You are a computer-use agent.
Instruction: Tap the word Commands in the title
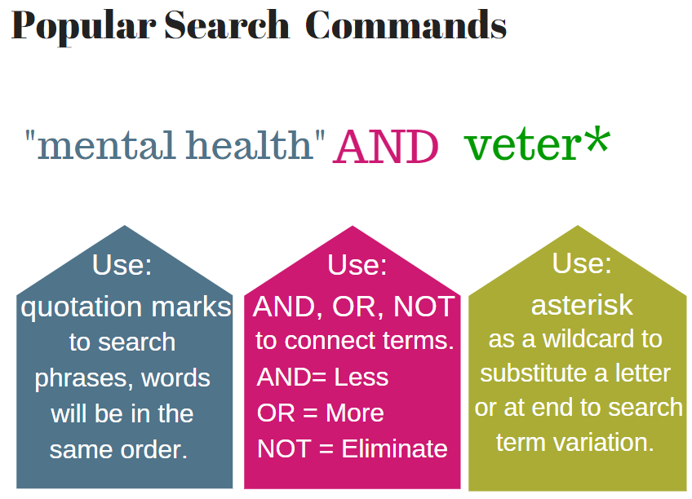tap(406, 26)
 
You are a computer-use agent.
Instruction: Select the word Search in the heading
tap(227, 26)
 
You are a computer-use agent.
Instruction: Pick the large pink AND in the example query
tap(386, 148)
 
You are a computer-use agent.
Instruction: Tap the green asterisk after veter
tap(597, 140)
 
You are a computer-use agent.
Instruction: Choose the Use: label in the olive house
tap(582, 263)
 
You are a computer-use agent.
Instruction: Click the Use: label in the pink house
tap(357, 266)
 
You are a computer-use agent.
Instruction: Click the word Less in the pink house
tap(362, 377)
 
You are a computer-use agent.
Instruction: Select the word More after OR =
tap(354, 413)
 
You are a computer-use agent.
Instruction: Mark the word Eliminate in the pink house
tap(394, 448)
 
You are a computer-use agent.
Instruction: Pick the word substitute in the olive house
tap(530, 373)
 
